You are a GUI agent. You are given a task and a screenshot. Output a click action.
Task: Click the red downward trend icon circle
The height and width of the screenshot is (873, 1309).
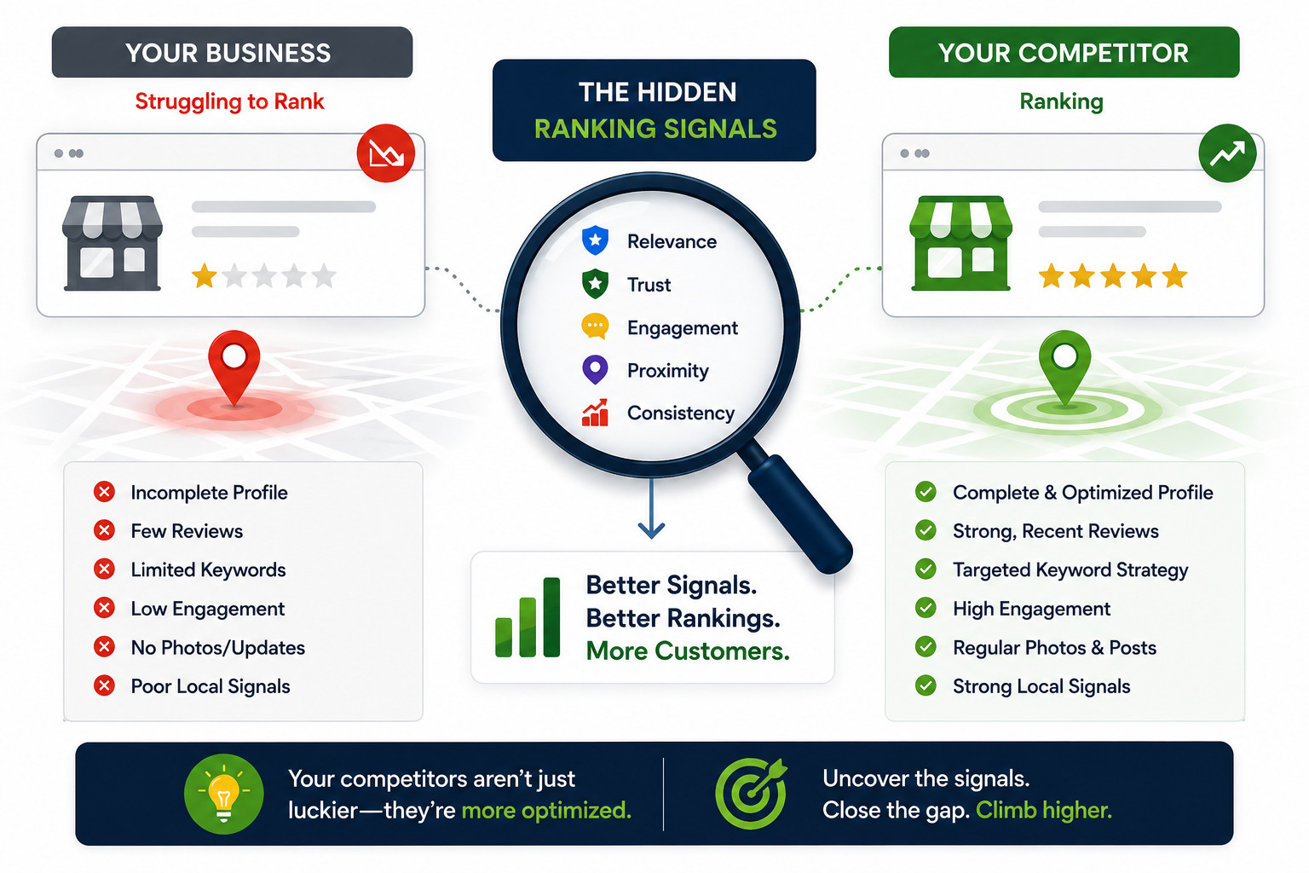pyautogui.click(x=386, y=153)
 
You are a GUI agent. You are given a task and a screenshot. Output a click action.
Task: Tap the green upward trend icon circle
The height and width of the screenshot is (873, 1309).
pyautogui.click(x=1227, y=153)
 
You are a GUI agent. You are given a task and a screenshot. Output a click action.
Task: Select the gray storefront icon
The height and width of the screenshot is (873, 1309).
pyautogui.click(x=112, y=243)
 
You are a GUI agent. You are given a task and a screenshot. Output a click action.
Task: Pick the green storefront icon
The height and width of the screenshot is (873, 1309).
pyautogui.click(x=960, y=243)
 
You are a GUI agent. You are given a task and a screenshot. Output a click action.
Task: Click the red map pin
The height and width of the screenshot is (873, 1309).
pyautogui.click(x=234, y=367)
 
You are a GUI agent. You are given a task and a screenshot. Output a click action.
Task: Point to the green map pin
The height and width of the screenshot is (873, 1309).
pyautogui.click(x=1064, y=367)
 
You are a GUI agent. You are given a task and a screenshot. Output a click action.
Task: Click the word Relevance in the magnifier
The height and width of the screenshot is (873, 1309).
pyautogui.click(x=672, y=241)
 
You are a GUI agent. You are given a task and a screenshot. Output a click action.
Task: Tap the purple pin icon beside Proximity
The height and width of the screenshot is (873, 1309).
pyautogui.click(x=595, y=369)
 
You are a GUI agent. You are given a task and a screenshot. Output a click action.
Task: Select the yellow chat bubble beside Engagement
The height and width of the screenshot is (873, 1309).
pyautogui.click(x=595, y=327)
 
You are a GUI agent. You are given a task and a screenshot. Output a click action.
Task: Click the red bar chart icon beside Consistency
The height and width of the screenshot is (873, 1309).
pyautogui.click(x=595, y=413)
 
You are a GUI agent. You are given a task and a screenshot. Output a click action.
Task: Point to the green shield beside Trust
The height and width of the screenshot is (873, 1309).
pyautogui.click(x=595, y=284)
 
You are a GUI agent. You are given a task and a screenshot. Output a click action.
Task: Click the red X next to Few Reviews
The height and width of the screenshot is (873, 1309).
pyautogui.click(x=104, y=530)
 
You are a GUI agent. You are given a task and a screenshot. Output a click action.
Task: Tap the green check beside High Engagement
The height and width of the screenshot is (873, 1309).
pyautogui.click(x=926, y=608)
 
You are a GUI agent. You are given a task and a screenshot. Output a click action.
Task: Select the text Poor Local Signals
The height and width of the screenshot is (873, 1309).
pyautogui.click(x=210, y=686)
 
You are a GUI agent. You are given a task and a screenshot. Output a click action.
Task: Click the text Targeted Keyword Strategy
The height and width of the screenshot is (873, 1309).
pyautogui.click(x=1070, y=570)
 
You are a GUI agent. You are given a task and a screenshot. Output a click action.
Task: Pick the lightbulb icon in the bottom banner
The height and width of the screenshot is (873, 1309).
pyautogui.click(x=224, y=794)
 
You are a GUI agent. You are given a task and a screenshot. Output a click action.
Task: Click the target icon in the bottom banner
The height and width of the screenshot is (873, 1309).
pyautogui.click(x=752, y=794)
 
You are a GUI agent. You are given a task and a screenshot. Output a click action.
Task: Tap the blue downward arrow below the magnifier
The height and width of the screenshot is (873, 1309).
pyautogui.click(x=651, y=509)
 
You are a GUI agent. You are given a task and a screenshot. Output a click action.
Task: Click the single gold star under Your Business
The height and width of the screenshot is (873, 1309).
pyautogui.click(x=205, y=276)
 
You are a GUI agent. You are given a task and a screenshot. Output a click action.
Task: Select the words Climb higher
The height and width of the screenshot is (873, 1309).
pyautogui.click(x=1044, y=811)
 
